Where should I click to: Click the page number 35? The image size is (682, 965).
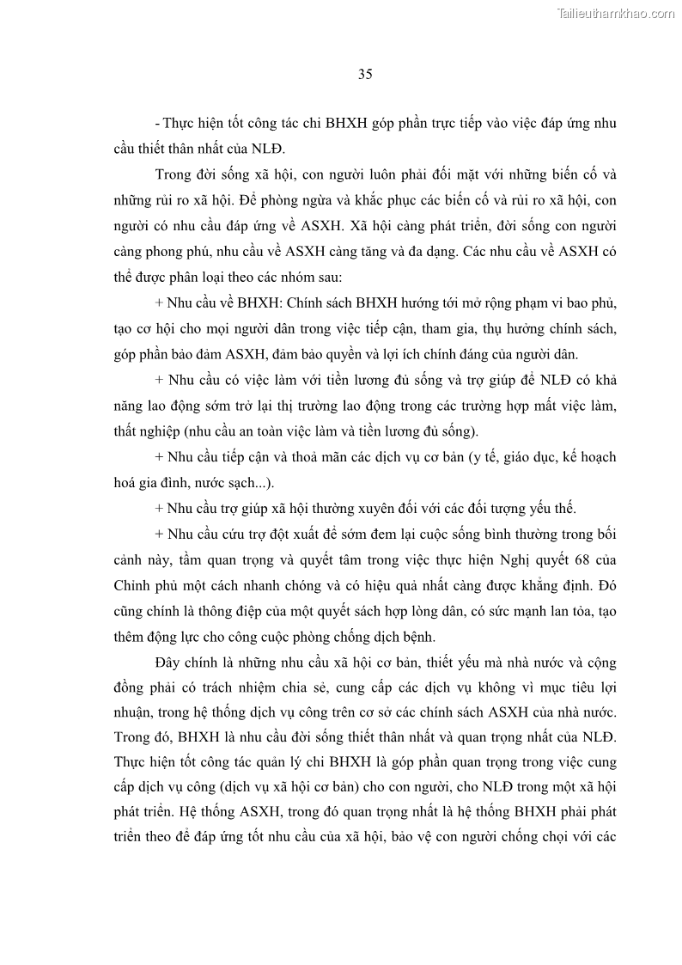[x=364, y=75]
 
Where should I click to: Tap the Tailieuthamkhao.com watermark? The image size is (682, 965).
[x=617, y=13]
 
